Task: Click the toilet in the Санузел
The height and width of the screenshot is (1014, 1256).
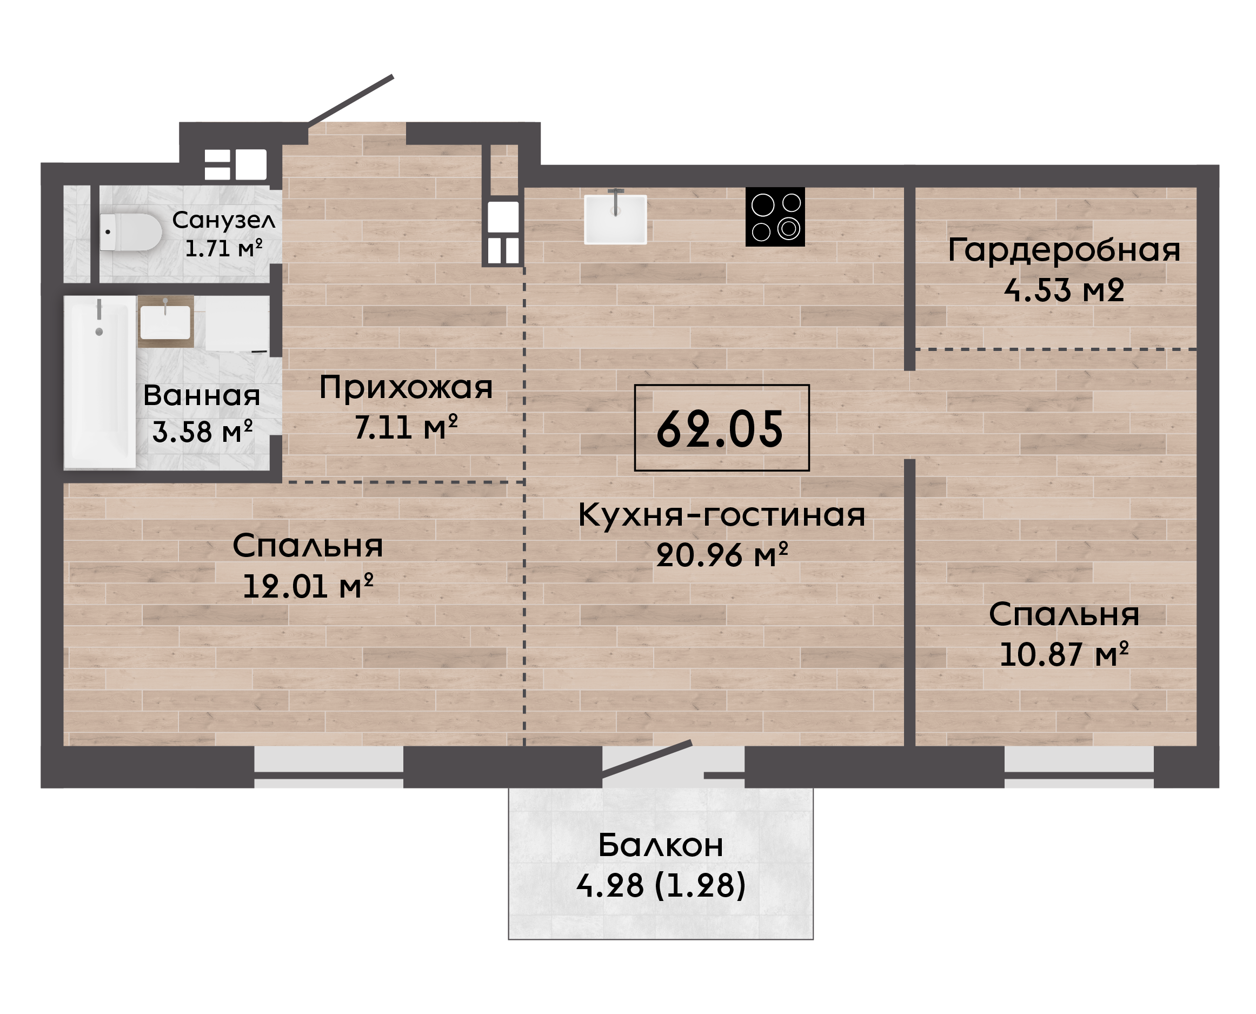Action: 130,232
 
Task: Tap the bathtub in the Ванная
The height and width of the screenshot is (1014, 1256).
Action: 100,382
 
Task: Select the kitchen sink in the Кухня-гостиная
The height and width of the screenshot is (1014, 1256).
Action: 615,218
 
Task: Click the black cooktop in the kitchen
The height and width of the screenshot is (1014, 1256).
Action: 775,217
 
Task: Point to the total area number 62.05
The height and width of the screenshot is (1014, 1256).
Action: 720,429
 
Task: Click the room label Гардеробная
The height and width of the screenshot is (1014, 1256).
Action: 1064,250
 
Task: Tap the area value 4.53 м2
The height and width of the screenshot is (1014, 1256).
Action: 1064,290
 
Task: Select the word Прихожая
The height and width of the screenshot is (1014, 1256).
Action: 406,388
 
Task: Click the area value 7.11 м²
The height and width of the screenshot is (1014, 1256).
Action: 406,427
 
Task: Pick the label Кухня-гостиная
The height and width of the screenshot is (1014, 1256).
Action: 722,515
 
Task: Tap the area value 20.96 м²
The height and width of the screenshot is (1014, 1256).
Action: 722,555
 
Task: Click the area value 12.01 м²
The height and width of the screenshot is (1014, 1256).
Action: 308,586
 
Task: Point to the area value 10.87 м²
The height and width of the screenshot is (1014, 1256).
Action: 1064,654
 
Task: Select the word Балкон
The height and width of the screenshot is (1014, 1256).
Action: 660,846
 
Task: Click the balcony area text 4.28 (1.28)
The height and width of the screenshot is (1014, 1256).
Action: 660,886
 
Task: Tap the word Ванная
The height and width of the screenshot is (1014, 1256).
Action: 202,396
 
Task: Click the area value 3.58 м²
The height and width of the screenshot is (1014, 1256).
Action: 202,432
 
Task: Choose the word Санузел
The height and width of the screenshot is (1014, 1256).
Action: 224,220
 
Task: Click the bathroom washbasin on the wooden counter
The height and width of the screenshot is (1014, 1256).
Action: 165,322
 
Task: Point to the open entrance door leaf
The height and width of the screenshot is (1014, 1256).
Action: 350,100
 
